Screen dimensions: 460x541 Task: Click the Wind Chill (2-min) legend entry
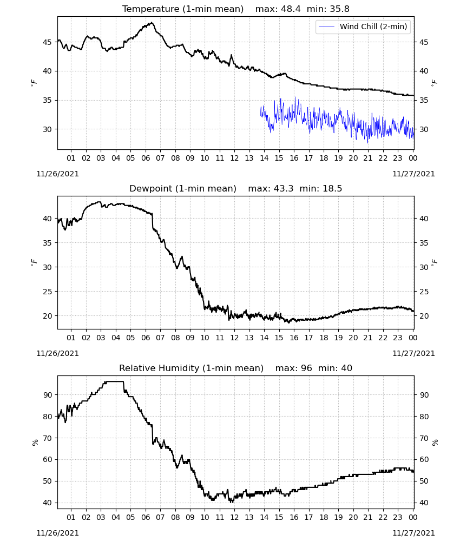(x=363, y=27)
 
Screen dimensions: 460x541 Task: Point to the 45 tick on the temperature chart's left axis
(x=47, y=42)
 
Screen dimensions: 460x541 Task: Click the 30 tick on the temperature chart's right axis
(x=424, y=129)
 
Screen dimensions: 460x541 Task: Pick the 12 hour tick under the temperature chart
(x=234, y=158)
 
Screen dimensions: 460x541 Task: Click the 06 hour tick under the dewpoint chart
(x=146, y=338)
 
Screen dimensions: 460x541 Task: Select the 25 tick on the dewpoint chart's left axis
(x=47, y=292)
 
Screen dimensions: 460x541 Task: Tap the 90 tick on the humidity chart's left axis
(x=47, y=395)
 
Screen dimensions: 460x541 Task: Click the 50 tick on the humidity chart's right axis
(x=424, y=481)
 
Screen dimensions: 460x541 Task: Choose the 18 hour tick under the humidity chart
(x=324, y=518)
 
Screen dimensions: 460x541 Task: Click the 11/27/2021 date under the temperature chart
(x=413, y=174)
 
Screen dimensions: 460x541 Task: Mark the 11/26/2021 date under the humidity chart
(x=57, y=533)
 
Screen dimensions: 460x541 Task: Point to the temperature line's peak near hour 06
(x=152, y=23)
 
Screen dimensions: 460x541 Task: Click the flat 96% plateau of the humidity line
(x=114, y=381)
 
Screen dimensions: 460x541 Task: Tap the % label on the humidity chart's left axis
(x=35, y=443)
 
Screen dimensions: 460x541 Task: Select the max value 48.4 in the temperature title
(x=291, y=9)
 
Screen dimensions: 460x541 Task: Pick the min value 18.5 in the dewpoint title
(x=332, y=188)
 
